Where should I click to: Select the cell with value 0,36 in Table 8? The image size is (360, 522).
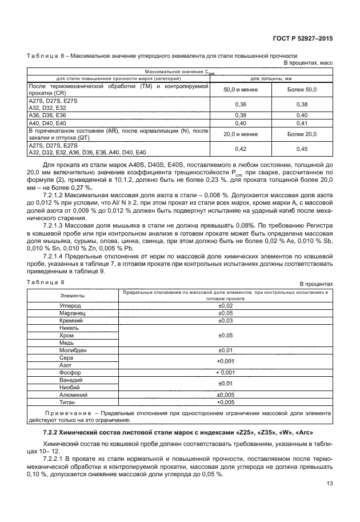coord(241,104)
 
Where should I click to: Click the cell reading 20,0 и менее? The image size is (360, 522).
coord(241,134)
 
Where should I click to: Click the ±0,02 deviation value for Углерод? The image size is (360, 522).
coord(227,306)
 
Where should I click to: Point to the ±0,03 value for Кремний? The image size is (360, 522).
coord(227,321)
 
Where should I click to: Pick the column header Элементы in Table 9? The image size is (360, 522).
coord(73,295)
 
